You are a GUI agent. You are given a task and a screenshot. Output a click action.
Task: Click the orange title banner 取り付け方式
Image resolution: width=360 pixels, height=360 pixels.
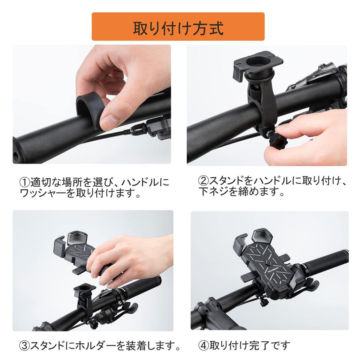click(178, 27)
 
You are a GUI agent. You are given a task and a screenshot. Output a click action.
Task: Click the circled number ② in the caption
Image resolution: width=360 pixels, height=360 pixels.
click(204, 181)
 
